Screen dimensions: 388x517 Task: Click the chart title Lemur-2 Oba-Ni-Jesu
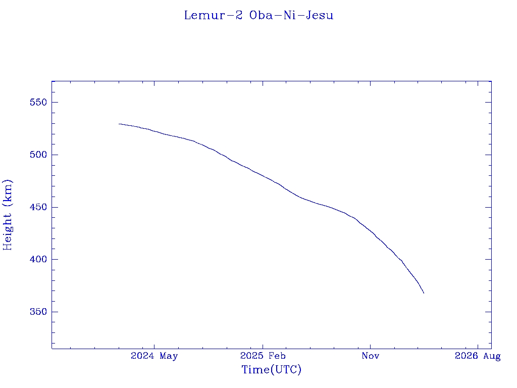(x=258, y=15)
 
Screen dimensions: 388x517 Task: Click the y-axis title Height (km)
(x=8, y=215)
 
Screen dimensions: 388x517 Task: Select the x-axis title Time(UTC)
(x=272, y=370)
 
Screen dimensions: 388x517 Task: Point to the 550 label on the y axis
(x=38, y=103)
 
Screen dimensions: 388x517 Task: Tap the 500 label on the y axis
(x=38, y=155)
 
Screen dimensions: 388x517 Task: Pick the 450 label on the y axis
(x=38, y=207)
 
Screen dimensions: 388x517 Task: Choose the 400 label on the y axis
(x=38, y=260)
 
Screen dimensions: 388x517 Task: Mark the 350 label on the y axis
(x=38, y=312)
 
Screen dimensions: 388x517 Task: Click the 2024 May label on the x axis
(x=154, y=356)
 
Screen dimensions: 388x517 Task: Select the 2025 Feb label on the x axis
(x=262, y=356)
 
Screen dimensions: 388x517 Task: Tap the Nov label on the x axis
(x=370, y=356)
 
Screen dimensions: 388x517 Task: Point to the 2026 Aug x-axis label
(x=478, y=356)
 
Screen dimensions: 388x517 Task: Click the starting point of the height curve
(x=119, y=124)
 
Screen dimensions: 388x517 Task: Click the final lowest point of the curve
(x=424, y=293)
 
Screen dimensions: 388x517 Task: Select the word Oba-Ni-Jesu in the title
(x=291, y=15)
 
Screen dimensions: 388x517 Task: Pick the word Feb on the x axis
(x=277, y=356)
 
